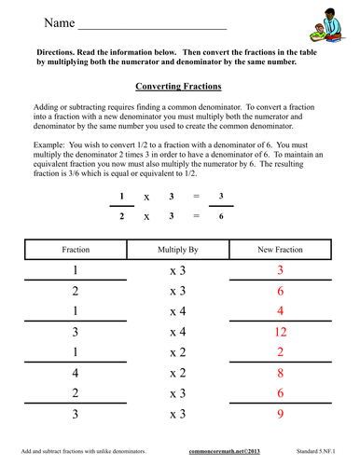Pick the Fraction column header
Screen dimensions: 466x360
tap(76, 250)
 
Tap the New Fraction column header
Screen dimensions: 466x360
tap(281, 250)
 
